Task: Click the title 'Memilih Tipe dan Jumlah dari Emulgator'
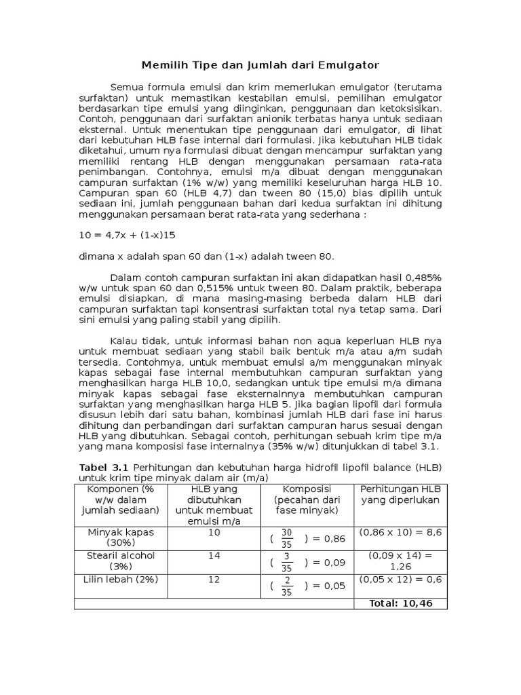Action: [260, 65]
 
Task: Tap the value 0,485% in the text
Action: [423, 278]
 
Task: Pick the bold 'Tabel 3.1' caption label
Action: [104, 468]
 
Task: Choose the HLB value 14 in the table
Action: [214, 556]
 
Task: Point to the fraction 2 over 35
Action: [287, 586]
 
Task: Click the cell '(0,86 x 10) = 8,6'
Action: [400, 533]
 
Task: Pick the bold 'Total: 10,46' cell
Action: [400, 603]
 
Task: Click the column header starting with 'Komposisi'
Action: [306, 500]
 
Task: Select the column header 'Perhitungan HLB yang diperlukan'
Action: [400, 494]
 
